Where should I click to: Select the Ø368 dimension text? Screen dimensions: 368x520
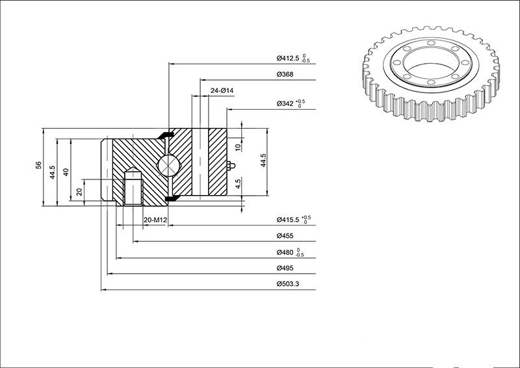click(285, 74)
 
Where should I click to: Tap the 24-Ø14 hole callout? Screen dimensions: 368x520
click(222, 90)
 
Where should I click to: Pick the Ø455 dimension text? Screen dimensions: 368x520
click(285, 235)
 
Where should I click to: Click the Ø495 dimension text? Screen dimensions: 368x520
click(285, 268)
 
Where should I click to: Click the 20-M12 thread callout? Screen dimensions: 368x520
click(155, 220)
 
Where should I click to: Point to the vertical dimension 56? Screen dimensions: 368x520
click(39, 165)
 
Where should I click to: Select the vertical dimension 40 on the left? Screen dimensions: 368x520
click(66, 172)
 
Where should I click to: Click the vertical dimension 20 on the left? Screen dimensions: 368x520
click(79, 191)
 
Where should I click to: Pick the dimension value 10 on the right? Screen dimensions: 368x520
click(238, 147)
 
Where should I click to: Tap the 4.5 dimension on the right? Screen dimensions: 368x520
click(238, 183)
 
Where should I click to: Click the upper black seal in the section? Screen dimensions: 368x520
click(167, 134)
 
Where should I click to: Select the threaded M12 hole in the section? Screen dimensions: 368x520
click(132, 189)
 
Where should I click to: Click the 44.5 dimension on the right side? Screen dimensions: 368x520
click(263, 161)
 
